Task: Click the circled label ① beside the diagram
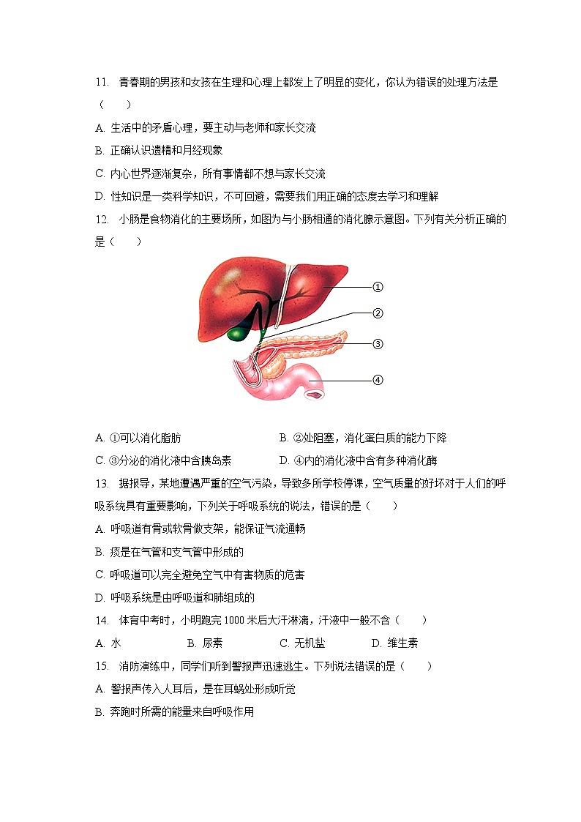click(x=378, y=287)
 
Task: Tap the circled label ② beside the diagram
click(x=378, y=313)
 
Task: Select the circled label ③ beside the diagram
click(x=378, y=343)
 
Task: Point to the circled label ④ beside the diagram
click(x=378, y=379)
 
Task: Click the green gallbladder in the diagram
click(x=238, y=333)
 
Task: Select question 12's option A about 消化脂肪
click(x=138, y=438)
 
